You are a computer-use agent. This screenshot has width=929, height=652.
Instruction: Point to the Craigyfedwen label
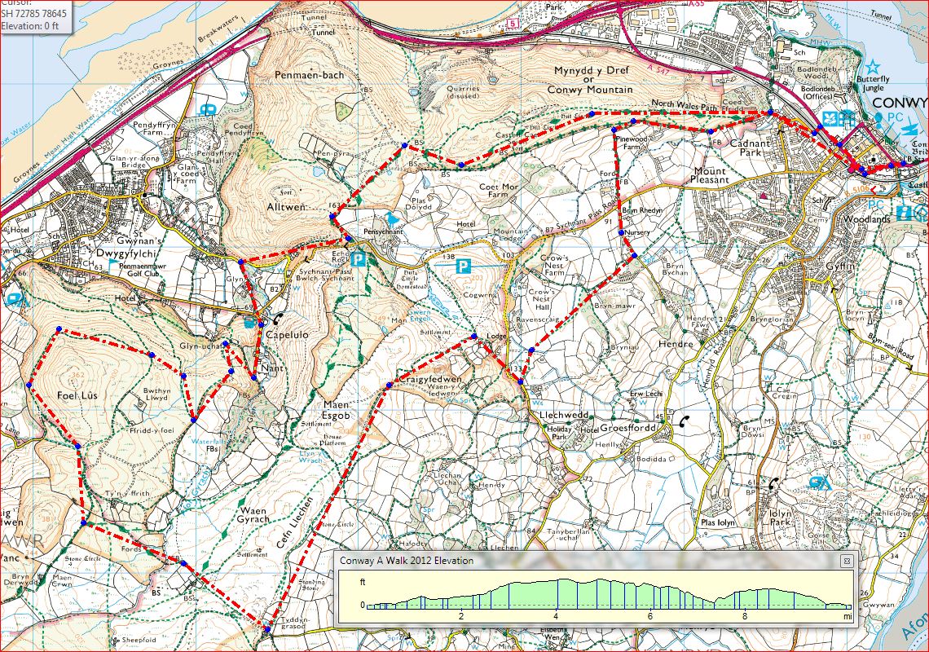point(429,380)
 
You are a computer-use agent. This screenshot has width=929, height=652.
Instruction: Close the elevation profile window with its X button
point(847,561)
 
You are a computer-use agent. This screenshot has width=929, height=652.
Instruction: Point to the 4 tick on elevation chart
point(556,617)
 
